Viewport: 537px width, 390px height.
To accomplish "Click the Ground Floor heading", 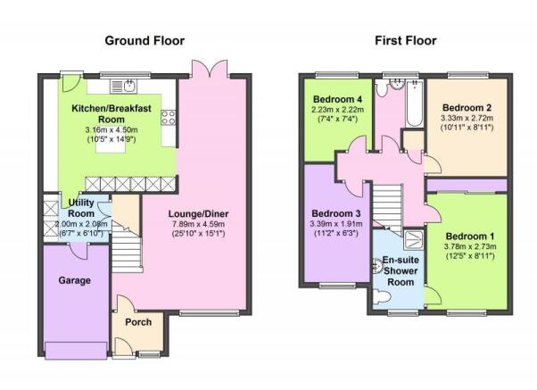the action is [145, 41].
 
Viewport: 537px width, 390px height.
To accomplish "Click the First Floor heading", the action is [406, 41].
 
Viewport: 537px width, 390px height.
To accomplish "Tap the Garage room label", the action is [75, 280].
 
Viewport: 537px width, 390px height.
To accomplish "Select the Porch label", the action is [138, 322].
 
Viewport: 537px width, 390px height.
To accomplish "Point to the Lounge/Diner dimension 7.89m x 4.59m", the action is [198, 224].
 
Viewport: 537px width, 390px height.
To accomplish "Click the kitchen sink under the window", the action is [124, 86].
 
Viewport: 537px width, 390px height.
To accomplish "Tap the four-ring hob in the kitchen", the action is [169, 117].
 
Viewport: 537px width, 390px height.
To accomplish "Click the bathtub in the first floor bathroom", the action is [414, 104].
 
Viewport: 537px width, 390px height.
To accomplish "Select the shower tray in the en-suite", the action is [414, 239].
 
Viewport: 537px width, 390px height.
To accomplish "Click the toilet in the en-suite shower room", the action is [381, 296].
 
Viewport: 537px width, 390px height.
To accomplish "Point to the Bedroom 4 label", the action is [337, 99].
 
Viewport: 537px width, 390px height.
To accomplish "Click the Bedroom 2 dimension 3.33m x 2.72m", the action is [467, 118].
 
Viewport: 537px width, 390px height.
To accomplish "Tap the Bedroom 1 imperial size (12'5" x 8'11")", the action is [470, 256].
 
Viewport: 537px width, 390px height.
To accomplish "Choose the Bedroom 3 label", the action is [336, 214].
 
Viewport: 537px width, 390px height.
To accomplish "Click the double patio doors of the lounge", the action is [210, 70].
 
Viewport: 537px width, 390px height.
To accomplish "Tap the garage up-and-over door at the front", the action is [76, 350].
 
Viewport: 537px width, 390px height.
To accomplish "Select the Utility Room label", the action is [81, 208].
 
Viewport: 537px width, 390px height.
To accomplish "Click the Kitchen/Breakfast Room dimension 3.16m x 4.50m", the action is [112, 130].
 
